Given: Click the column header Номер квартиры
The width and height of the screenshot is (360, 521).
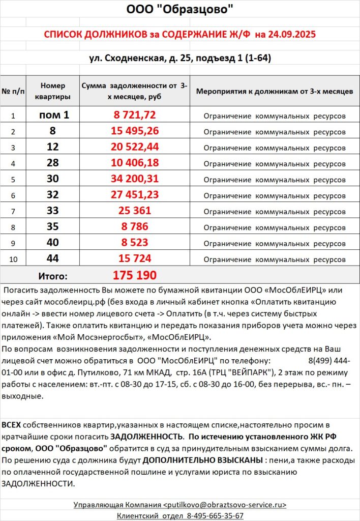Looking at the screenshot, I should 53,91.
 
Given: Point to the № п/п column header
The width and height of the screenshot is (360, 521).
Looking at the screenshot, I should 13,92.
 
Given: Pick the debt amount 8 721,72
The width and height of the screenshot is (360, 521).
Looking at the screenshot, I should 134,115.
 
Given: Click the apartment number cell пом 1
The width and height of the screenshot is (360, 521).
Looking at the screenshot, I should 53,115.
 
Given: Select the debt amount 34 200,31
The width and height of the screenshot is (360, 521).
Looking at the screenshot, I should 134,179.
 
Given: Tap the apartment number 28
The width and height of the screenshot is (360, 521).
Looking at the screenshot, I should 53,163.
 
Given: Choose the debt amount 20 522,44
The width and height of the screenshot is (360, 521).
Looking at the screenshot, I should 134,147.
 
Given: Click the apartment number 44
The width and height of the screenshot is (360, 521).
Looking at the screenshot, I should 53,258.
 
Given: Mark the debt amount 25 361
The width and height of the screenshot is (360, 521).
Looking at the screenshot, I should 134,211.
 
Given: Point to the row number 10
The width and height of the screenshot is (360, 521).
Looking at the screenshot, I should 13,259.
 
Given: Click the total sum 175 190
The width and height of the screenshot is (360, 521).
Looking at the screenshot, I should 134,276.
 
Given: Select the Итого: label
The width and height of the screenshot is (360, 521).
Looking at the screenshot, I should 53,276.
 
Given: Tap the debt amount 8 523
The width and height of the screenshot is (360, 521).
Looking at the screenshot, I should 134,243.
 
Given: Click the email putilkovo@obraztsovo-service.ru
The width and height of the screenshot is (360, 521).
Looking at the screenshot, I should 225,505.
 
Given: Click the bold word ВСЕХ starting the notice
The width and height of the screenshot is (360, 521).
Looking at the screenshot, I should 12,424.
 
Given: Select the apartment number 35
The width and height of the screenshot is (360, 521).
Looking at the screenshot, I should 53,226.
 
